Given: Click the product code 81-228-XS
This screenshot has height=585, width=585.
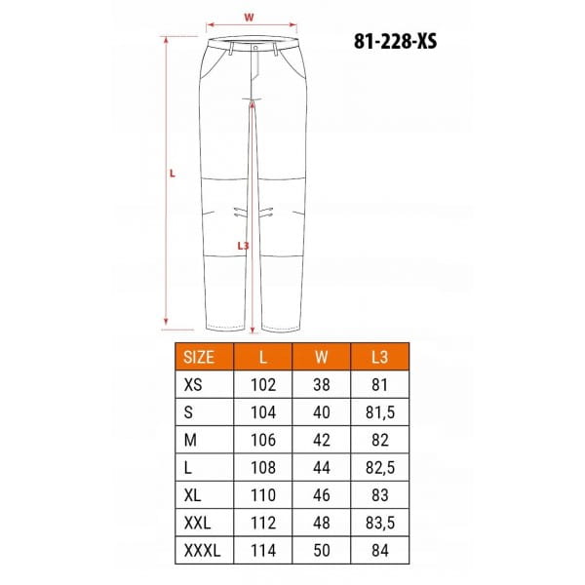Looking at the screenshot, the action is [x=395, y=41].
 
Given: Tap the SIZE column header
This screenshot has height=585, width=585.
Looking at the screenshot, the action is [x=199, y=357].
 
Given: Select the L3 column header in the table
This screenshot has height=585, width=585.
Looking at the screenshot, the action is [x=380, y=357].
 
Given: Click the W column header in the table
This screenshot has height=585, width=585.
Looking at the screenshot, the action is [x=321, y=357].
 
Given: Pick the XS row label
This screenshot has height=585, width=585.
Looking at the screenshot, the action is [x=193, y=385].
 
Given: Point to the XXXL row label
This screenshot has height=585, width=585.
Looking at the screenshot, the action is [x=202, y=550].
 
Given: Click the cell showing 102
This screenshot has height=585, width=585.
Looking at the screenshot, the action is [x=263, y=385].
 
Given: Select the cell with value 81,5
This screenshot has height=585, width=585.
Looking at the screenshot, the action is [x=380, y=412].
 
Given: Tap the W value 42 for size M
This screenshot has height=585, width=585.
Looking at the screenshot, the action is [x=321, y=440].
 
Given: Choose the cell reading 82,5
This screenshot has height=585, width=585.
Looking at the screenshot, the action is [x=380, y=467].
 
